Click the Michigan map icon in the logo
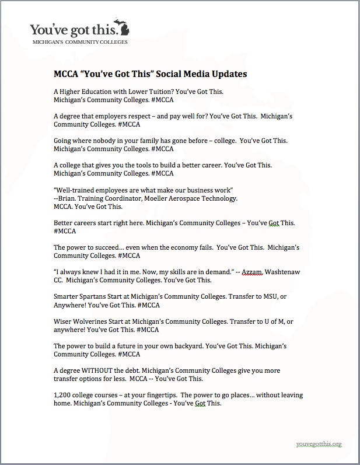[x=124, y=29]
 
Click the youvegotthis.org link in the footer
[x=318, y=444]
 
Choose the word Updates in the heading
[x=225, y=74]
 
